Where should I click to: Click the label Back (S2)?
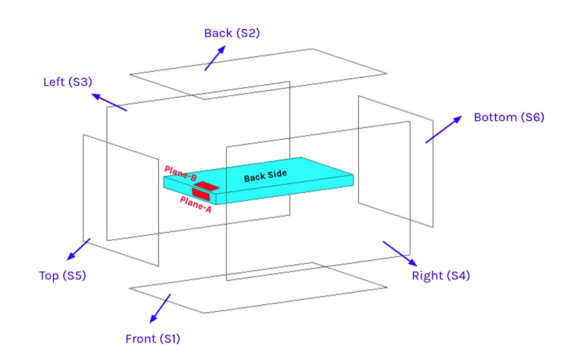tap(232, 33)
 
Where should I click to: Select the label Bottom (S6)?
tap(509, 117)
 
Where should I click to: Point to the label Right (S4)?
tap(440, 275)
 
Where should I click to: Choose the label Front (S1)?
tap(153, 339)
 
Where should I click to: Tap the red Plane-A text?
tap(195, 204)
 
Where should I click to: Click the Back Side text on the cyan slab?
tap(265, 176)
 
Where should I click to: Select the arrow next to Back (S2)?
tap(214, 58)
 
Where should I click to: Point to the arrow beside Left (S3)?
tap(109, 102)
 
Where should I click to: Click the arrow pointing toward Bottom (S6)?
tap(443, 129)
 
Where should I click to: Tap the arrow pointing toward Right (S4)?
tap(398, 252)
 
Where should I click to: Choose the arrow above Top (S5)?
tap(79, 249)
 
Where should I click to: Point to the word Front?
tap(140, 339)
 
